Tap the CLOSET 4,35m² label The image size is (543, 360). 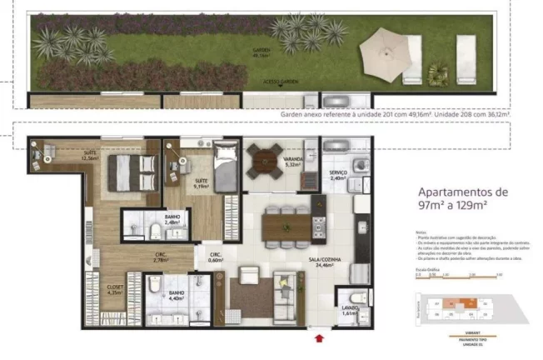coord(115,290)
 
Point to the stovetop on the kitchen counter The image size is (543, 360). coord(318,225)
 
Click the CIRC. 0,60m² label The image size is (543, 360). coord(215,257)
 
